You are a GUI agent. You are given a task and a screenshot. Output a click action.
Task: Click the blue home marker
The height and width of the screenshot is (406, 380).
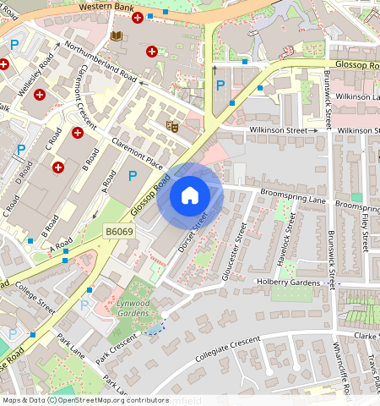pos(190,196)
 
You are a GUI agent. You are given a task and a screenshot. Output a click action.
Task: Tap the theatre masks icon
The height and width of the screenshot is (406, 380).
pos(172,126)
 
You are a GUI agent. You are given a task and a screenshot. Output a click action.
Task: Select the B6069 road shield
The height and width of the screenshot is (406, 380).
pos(120,230)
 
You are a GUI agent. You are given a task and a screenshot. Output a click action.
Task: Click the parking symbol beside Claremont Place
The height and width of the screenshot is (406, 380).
pos(132,176)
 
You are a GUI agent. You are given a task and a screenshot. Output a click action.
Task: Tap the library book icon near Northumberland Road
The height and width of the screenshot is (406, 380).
pos(116,36)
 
